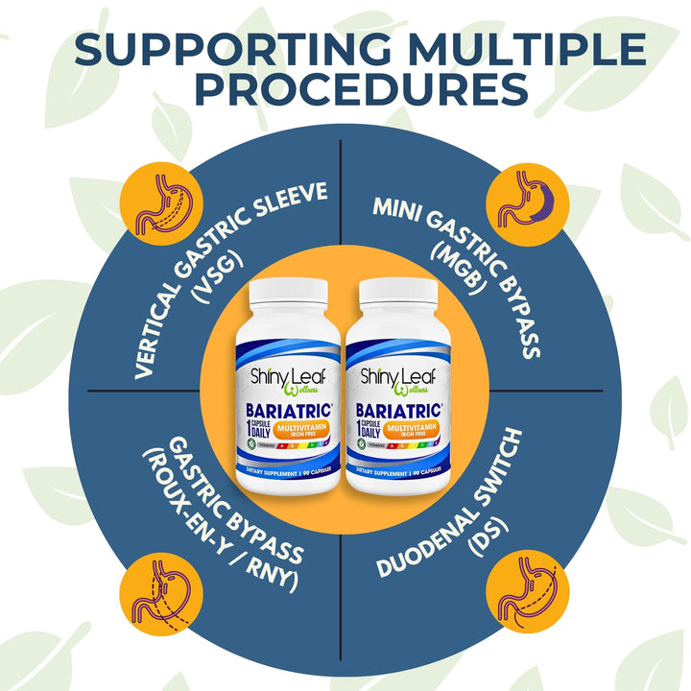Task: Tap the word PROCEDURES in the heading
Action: pyautogui.click(x=345, y=88)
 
